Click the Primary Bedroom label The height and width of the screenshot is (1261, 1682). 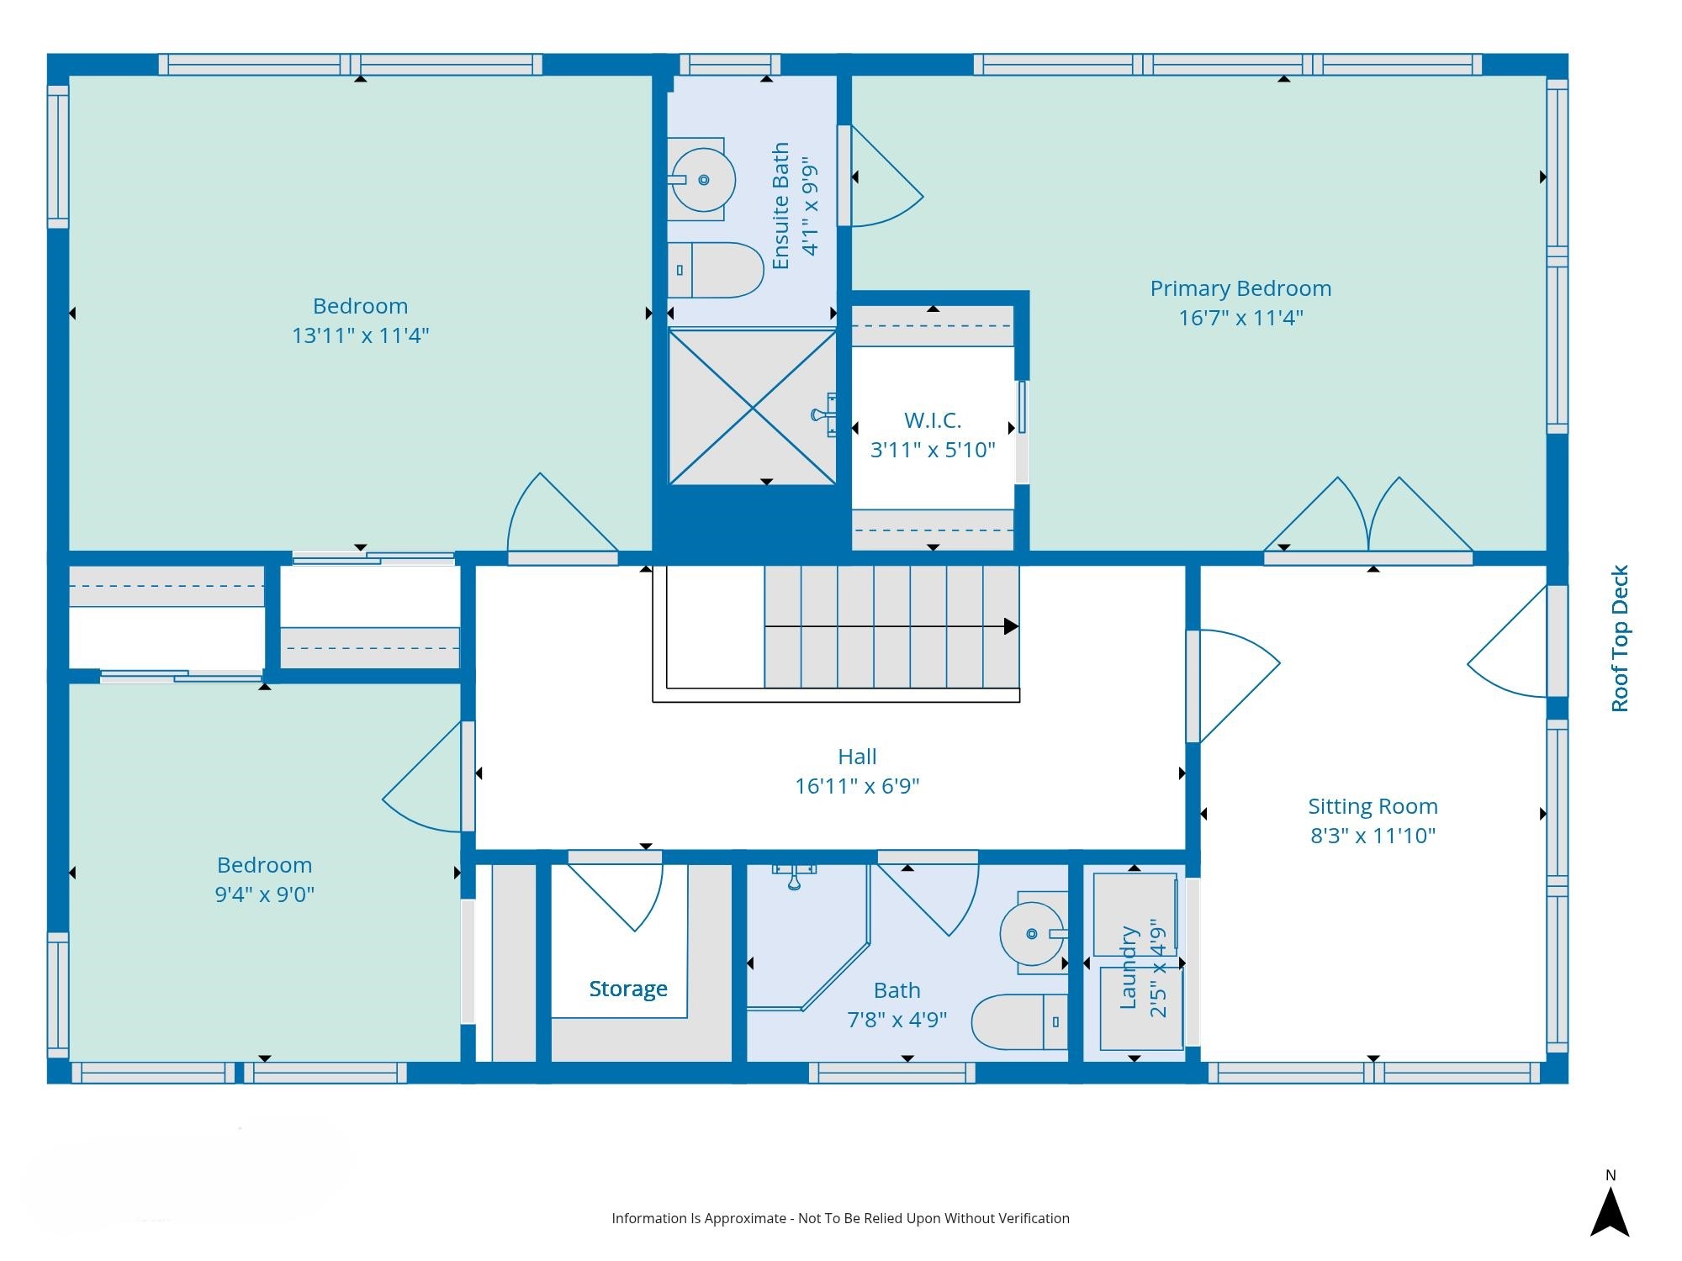point(1240,288)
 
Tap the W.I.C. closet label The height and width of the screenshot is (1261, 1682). point(933,419)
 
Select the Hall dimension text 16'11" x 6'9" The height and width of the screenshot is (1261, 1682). point(857,786)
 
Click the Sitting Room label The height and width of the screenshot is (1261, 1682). point(1373,806)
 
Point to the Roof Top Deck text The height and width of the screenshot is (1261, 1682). point(1620,638)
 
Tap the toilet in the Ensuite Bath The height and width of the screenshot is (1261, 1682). point(716,270)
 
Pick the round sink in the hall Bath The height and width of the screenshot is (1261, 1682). point(1034,933)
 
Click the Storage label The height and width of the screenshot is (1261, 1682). point(628,989)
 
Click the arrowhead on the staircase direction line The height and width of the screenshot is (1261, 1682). point(1012,626)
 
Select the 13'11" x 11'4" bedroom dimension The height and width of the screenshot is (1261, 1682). point(360,335)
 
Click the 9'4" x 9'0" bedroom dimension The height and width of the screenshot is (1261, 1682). point(265,894)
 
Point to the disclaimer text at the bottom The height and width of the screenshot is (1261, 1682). point(840,1218)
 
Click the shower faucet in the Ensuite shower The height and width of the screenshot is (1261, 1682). point(824,414)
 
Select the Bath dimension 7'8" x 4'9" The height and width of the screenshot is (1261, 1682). point(897,1020)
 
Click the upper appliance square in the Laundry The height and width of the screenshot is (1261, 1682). point(1135,915)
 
